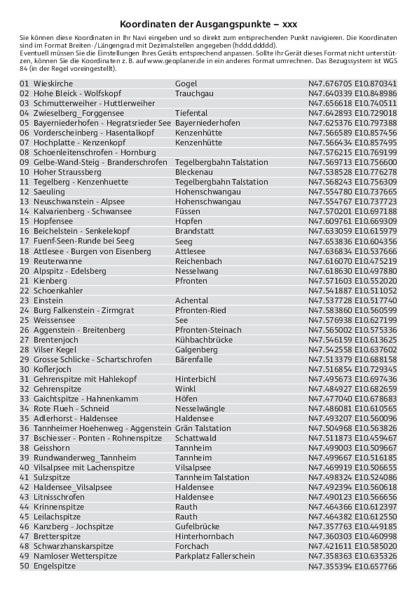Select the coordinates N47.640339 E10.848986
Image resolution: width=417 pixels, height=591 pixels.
(353, 93)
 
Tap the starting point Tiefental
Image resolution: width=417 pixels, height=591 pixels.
(191, 113)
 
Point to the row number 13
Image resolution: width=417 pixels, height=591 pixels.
(25, 201)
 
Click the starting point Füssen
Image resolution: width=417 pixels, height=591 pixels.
(188, 211)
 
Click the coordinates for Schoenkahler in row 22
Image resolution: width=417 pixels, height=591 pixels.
(353, 291)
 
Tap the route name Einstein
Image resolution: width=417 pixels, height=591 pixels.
(48, 300)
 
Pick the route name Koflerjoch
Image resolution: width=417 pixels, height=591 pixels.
(53, 369)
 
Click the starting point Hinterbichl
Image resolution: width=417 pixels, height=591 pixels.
(196, 379)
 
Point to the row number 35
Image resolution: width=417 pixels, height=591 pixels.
(25, 418)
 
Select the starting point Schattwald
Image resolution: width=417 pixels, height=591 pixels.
(195, 438)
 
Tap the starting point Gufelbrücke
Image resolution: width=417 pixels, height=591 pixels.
(198, 526)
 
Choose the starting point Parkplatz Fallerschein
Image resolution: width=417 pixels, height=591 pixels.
(215, 556)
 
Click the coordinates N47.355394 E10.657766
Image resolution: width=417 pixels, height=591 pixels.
(353, 566)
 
